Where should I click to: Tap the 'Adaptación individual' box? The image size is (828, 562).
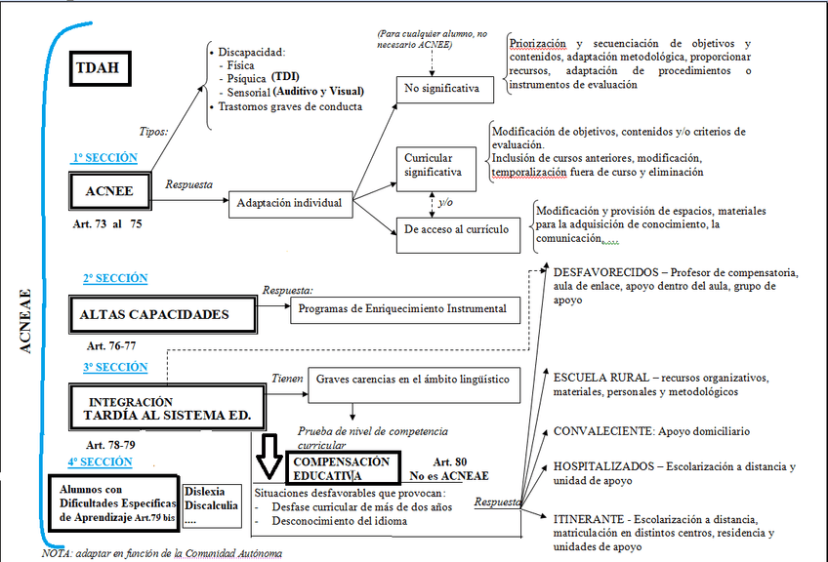click(x=289, y=204)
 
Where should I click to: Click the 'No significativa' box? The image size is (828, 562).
click(x=443, y=89)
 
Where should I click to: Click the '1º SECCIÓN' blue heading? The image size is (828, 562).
click(x=104, y=158)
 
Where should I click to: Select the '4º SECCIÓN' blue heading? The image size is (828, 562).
click(x=100, y=462)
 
